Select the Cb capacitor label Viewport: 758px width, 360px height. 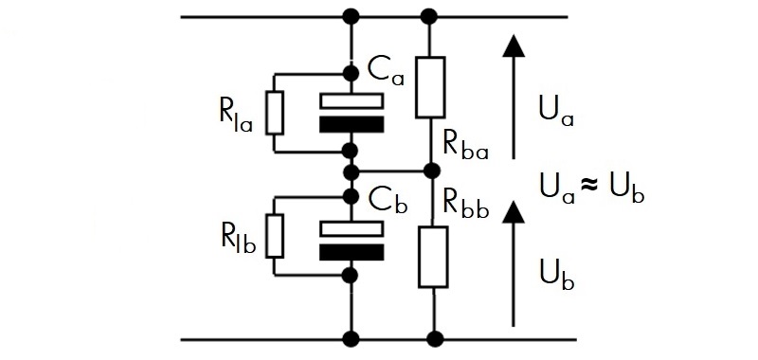coord(388,202)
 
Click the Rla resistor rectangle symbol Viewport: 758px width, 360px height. coord(275,113)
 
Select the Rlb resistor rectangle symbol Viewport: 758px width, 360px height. coord(275,236)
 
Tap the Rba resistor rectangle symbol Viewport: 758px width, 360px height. coord(430,87)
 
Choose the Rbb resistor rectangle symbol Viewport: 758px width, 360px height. coord(433,257)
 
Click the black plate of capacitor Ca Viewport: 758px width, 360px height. coord(352,124)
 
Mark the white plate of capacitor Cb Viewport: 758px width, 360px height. coord(352,228)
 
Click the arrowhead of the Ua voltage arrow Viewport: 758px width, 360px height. coord(513,45)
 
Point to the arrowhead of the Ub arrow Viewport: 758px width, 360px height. coord(514,211)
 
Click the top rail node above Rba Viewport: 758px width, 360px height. coord(429,17)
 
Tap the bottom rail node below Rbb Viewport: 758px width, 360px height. coord(435,340)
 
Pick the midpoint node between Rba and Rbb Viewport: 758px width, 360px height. coord(431,171)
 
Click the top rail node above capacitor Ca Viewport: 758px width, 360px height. coord(351,17)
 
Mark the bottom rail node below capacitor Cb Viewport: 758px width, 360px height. coord(351,340)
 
